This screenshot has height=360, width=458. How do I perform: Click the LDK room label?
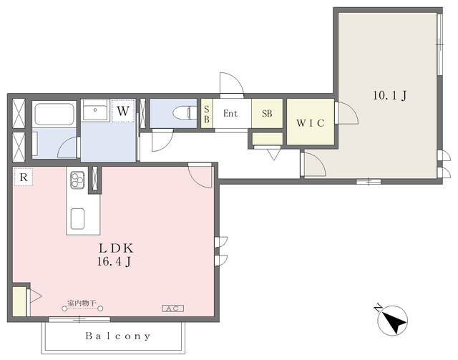pos(116,248)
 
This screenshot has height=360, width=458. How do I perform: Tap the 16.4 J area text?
pos(114,261)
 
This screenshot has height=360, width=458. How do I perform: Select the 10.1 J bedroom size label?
pos(389,96)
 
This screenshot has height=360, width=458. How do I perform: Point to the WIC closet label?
pos(311,123)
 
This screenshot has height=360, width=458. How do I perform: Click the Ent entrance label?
pos(230,113)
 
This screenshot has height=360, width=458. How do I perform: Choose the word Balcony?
pos(118,336)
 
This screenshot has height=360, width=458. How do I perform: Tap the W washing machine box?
pos(123,111)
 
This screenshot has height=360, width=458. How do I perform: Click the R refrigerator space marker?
pos(24,177)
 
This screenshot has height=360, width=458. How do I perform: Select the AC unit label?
pos(173,308)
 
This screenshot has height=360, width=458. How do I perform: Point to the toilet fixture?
pos(185,113)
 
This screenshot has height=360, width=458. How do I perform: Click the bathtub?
pos(54,114)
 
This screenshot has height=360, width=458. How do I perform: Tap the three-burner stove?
pos(77,180)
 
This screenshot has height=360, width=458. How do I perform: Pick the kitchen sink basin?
pos(78,219)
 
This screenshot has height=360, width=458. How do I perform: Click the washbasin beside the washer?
pos(95,110)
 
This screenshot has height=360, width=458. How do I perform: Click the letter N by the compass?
pos(379,308)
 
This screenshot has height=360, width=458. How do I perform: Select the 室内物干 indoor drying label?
pos(82,303)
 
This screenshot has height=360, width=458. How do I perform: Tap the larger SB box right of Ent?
pos(267,113)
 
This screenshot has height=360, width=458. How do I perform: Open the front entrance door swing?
pos(232,84)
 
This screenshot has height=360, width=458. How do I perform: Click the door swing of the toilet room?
pos(163,142)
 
